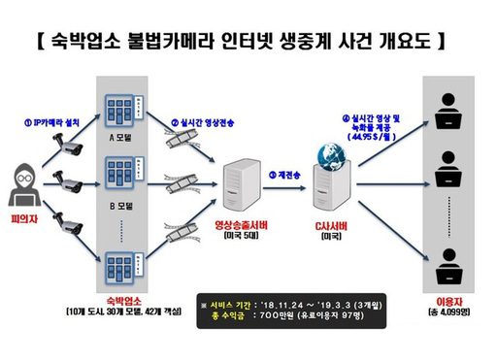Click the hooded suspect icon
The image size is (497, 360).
pyautogui.click(x=26, y=189)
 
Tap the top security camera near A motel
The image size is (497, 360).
pyautogui.click(x=71, y=145)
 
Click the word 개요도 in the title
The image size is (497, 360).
pyautogui.click(x=392, y=41)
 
